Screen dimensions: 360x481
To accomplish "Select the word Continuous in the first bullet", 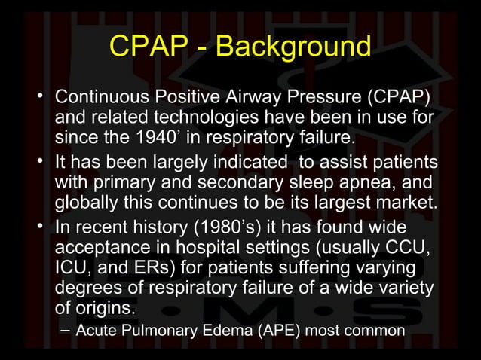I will tap(104, 99).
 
